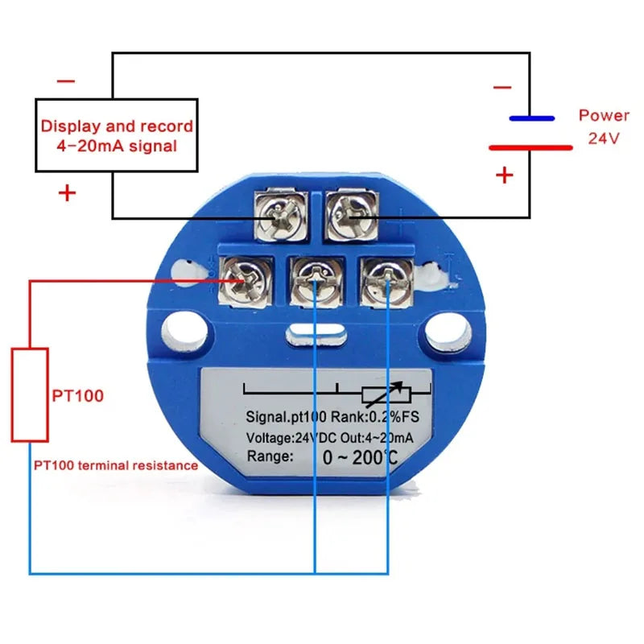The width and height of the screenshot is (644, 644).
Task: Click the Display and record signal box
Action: point(117,136)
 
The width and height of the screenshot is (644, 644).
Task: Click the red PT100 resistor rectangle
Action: point(30,394)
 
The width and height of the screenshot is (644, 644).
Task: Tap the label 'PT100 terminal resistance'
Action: point(115,465)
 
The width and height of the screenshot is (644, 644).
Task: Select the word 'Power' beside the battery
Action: point(604,115)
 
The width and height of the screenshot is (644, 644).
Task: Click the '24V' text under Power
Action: point(603,138)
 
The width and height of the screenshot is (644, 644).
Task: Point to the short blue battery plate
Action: point(531,118)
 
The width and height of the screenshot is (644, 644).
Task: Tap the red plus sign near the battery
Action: point(505,175)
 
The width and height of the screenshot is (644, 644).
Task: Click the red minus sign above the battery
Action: point(502,87)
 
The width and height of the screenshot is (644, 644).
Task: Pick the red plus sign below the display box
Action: point(67,193)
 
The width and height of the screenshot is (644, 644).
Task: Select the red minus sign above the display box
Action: point(66,81)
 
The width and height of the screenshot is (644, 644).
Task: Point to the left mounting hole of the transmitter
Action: point(185,332)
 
